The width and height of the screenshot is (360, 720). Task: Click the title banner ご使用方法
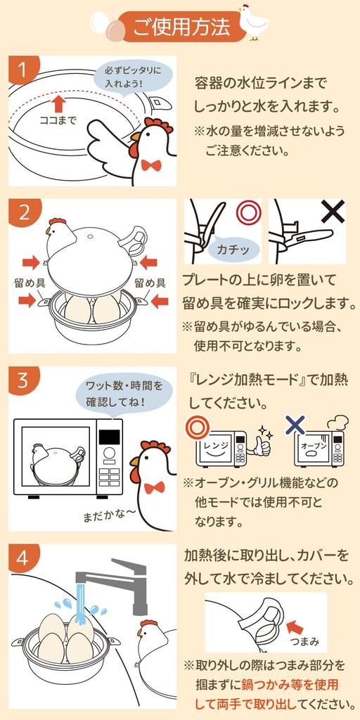coord(181,27)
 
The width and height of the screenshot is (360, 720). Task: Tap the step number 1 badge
coord(22,70)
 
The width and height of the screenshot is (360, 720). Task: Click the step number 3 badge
coord(22,380)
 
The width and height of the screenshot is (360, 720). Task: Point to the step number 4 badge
coord(22,558)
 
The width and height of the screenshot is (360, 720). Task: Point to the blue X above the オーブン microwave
coord(296,424)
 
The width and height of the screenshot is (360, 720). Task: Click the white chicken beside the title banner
coord(253,21)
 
